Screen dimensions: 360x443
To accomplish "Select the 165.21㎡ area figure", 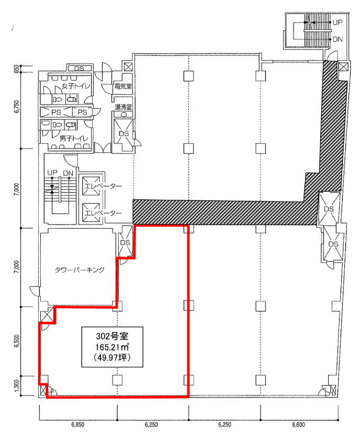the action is [112, 347].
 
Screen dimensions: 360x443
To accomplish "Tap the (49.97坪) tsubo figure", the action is [112, 357].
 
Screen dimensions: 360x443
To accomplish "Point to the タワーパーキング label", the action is [80, 270].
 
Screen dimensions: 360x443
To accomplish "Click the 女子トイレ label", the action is [76, 86].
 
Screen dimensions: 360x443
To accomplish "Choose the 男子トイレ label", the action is [74, 139].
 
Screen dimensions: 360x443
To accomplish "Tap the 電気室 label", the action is [123, 86].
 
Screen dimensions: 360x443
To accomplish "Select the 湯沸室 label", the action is [123, 107].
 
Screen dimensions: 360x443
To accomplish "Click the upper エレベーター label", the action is [104, 186].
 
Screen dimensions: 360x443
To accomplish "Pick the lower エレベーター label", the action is [104, 213].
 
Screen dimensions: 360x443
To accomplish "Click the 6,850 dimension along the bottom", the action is [78, 424].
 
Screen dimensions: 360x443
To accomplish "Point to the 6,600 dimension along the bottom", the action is [299, 424].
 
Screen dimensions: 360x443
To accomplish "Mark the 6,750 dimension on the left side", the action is [17, 107].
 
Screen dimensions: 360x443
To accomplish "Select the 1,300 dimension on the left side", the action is [17, 385].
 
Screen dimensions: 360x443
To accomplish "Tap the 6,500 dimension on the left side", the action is [17, 341].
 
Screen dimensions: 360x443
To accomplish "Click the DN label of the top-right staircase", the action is [337, 39].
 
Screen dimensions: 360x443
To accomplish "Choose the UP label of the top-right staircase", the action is [337, 22].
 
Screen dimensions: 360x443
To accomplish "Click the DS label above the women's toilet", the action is [79, 69].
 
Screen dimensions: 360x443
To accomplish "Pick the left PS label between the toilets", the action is [56, 112].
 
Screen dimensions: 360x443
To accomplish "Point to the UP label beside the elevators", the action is [52, 173].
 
